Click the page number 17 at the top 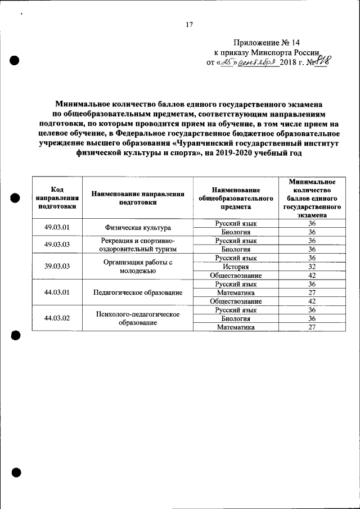tap(189, 24)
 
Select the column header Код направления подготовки tap(57, 198)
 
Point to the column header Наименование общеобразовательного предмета tap(236, 198)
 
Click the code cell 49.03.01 tap(57, 228)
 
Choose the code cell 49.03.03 tap(57, 245)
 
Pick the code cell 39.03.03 tap(57, 266)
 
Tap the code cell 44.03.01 tap(57, 292)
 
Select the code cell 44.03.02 tap(57, 318)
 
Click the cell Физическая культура tap(138, 228)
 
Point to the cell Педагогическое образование tap(138, 292)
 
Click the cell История tap(236, 267)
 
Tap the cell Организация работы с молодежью tap(138, 266)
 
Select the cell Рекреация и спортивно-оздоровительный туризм tap(138, 245)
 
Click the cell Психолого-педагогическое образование tap(138, 318)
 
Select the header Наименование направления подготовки tap(138, 198)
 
